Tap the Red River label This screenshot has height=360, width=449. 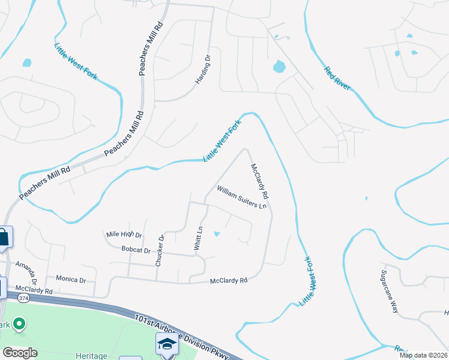click(x=337, y=78)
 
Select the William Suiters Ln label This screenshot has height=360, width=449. click(x=241, y=197)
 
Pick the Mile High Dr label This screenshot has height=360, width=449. click(x=124, y=235)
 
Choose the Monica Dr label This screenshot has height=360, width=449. click(x=71, y=280)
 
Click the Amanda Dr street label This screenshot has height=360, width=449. click(x=26, y=272)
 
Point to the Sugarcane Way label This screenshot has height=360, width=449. click(x=390, y=292)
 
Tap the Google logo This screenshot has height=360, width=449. click(x=20, y=353)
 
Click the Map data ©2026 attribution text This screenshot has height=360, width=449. click(x=424, y=355)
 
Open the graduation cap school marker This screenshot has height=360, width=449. click(x=167, y=344)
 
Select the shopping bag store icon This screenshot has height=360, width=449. click(x=4, y=236)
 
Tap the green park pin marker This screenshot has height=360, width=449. click(x=19, y=325)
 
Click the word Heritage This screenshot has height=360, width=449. click(x=91, y=356)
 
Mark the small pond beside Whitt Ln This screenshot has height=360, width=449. click(x=217, y=233)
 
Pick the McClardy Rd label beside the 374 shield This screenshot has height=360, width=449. click(x=34, y=290)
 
